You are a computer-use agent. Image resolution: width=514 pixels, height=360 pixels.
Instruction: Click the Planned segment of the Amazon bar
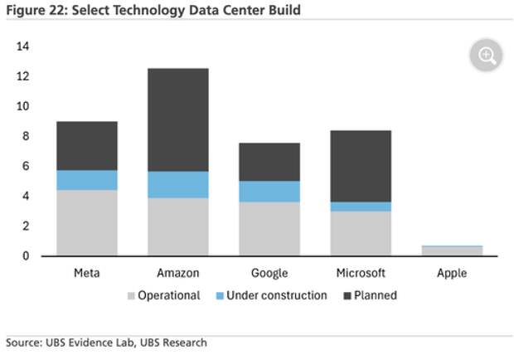click(x=178, y=119)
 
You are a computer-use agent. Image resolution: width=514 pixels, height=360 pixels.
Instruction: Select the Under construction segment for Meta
click(x=86, y=180)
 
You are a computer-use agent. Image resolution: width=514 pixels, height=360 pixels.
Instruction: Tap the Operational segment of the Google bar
click(x=269, y=228)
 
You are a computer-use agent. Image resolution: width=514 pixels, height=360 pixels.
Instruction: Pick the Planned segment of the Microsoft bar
click(x=361, y=166)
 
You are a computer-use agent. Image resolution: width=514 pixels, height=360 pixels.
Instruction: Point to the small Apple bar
click(x=452, y=251)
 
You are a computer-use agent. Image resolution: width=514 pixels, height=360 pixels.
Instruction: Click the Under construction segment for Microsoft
click(x=361, y=207)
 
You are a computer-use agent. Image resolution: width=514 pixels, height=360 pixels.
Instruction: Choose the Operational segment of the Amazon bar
click(x=178, y=226)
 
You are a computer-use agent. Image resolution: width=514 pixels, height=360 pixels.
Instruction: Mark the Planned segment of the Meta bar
click(x=86, y=146)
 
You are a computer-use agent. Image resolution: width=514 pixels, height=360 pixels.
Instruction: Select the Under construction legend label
click(x=278, y=295)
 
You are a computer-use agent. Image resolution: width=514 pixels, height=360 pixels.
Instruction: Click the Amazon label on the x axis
click(x=178, y=273)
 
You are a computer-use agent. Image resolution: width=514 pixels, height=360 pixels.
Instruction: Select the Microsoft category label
click(x=361, y=273)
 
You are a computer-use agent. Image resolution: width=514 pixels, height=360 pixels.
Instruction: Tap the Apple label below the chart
click(x=452, y=273)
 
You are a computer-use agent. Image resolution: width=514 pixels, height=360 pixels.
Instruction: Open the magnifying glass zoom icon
click(x=487, y=56)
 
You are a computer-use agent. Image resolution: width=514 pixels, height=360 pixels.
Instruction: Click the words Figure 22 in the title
click(x=35, y=10)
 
